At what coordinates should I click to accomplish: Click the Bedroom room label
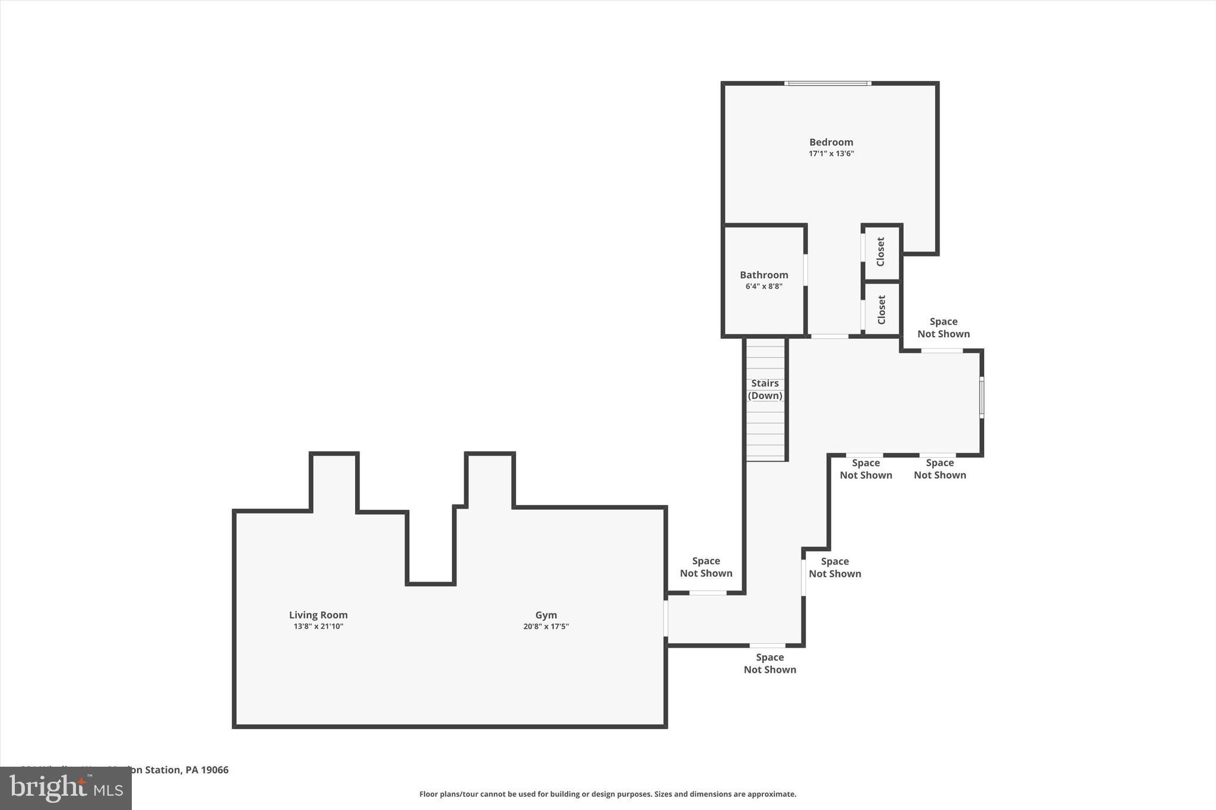point(831,142)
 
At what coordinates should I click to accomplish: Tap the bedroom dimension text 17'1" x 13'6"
point(831,154)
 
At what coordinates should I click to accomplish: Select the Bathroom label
point(764,275)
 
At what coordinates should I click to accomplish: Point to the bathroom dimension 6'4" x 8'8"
point(764,287)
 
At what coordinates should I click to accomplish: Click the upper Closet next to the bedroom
point(881,252)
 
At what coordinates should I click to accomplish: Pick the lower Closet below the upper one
point(881,309)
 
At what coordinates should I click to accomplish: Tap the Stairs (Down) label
point(765,389)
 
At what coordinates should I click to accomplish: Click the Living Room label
point(318,615)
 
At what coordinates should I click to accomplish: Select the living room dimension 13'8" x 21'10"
point(318,627)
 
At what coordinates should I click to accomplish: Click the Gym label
point(546,615)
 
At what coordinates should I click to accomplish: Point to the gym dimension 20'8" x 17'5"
point(546,627)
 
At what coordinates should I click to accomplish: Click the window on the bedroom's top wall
point(828,84)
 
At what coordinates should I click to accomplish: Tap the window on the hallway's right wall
point(981,397)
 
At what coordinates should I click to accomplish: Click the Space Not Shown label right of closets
point(943,328)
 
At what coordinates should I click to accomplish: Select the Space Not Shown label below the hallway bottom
point(769,663)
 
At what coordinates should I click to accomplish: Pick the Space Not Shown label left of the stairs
point(705,567)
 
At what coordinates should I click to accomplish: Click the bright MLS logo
point(65,788)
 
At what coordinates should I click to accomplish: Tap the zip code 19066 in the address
point(215,770)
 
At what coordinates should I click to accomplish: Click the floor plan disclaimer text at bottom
point(607,794)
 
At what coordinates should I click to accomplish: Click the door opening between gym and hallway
point(666,618)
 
